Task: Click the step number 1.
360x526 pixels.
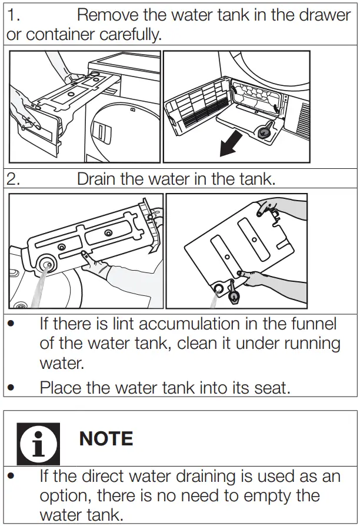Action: pyautogui.click(x=13, y=14)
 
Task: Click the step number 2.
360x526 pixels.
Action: pyautogui.click(x=14, y=179)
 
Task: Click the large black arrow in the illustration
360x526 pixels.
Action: pyautogui.click(x=234, y=144)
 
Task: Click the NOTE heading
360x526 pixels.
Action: pyautogui.click(x=106, y=438)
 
